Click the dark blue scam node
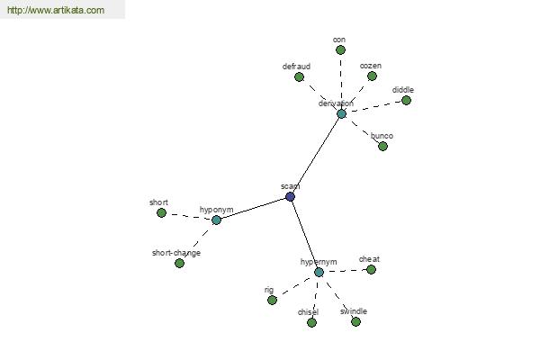point(291,197)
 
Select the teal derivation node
point(341,113)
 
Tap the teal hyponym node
point(216,220)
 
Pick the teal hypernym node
point(319,272)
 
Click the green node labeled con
point(340,50)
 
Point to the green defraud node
point(299,76)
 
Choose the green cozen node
point(372,76)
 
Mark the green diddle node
point(407,100)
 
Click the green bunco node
point(383,146)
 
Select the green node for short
point(161,213)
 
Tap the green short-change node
point(179,263)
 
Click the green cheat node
point(371,269)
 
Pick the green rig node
point(272,300)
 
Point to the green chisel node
point(311,322)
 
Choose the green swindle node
point(355,321)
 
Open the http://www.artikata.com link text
point(56,10)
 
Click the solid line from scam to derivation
point(316,156)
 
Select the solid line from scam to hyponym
point(253,208)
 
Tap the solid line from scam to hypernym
point(304,234)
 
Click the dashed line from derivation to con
point(341,82)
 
